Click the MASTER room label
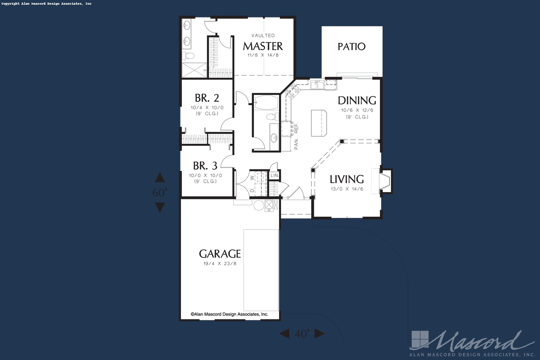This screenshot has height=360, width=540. click(263, 46)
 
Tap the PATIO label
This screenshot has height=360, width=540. click(351, 47)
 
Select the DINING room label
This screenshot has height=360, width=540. click(357, 101)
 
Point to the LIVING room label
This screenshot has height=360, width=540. click(347, 179)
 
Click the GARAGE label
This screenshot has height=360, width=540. click(220, 254)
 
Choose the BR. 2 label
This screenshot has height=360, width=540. click(207, 98)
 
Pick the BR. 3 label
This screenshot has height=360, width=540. click(205, 166)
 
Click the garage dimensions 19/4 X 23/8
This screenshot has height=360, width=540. click(220, 264)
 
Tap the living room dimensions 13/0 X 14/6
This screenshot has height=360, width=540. click(347, 189)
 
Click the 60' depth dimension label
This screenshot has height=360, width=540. click(160, 192)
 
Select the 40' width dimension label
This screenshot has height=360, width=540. click(302, 334)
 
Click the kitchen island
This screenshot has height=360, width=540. click(319, 123)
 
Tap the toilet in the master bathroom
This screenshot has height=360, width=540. click(188, 56)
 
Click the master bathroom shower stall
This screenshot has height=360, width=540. click(194, 70)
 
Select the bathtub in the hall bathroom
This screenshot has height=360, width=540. click(266, 102)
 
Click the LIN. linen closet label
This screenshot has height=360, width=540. click(274, 175)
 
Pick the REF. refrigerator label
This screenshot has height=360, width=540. click(296, 128)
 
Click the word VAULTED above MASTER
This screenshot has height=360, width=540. click(263, 35)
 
